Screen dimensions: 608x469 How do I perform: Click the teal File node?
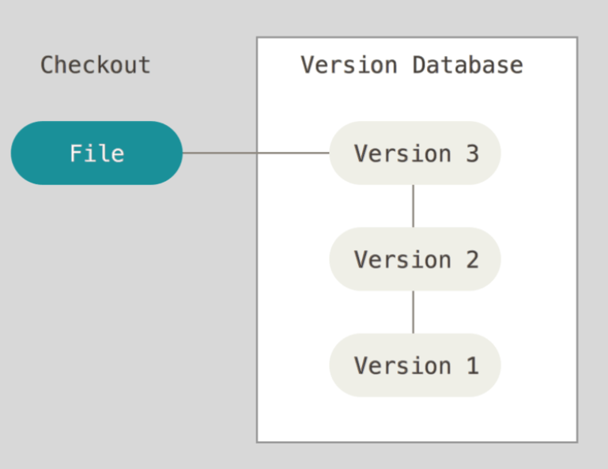(96, 153)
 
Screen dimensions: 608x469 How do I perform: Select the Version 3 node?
(415, 153)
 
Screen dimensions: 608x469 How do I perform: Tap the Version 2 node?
(415, 259)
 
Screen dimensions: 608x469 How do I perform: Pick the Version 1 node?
(415, 365)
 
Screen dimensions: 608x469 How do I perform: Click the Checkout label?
(96, 64)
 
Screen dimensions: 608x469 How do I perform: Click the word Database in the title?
(467, 64)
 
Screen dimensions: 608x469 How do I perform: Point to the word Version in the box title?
(349, 64)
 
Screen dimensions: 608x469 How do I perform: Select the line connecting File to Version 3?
(256, 153)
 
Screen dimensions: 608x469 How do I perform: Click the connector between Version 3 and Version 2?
(414, 206)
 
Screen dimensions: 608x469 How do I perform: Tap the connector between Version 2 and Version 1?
(414, 312)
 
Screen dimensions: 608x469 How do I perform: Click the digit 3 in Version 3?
(472, 153)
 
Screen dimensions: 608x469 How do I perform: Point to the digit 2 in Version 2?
(472, 259)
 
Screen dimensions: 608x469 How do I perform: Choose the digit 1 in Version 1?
(473, 365)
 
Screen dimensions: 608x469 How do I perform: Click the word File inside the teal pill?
(97, 153)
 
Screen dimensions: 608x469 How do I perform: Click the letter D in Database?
(420, 65)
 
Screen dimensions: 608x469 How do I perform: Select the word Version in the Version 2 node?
(402, 259)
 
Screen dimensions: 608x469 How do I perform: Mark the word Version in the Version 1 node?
(402, 365)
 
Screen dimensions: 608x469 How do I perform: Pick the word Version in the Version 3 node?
(402, 153)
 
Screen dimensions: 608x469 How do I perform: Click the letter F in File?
(76, 153)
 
